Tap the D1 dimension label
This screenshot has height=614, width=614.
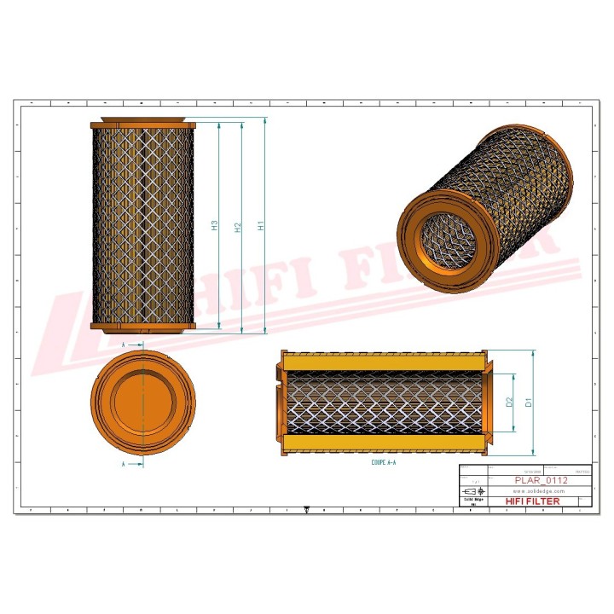pos(529,401)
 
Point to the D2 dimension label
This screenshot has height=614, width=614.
pos(509,401)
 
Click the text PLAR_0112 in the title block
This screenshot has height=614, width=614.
pos(542,480)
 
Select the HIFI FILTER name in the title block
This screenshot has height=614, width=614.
pos(533,501)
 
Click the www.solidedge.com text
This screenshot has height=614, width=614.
pos(535,490)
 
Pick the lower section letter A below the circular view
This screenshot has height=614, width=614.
pos(125,465)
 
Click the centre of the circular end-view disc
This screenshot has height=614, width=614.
pos(143,404)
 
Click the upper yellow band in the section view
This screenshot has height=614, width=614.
pos(384,362)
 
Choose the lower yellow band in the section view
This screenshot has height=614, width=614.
pos(384,444)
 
